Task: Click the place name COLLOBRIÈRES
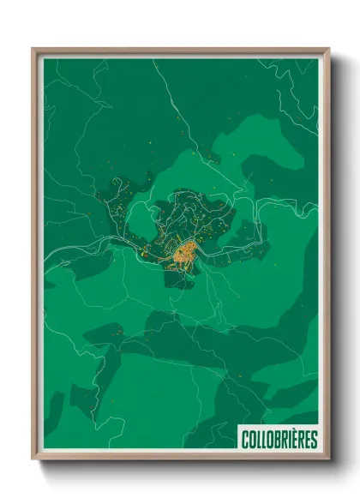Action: coord(278,438)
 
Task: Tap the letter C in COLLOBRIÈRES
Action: coord(243,438)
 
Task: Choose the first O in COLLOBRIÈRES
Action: coord(250,438)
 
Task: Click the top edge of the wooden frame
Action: coord(181,51)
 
